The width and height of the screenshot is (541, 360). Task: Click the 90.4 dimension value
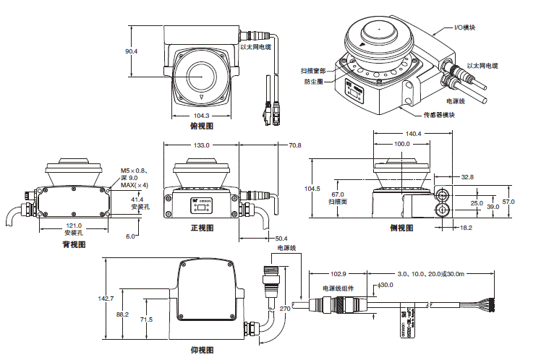click(x=131, y=52)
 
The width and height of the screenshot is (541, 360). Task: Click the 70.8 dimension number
click(x=294, y=145)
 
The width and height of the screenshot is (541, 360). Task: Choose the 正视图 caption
click(x=203, y=228)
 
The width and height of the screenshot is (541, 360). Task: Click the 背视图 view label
click(x=74, y=245)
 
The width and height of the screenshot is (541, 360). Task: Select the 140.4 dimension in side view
click(x=413, y=134)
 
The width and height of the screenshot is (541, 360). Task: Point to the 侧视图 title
click(x=403, y=228)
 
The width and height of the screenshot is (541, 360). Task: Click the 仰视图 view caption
click(x=202, y=350)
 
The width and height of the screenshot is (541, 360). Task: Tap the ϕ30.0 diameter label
click(x=385, y=285)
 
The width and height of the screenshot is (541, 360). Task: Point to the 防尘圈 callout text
click(x=313, y=81)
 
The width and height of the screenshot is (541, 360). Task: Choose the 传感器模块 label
click(x=440, y=115)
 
